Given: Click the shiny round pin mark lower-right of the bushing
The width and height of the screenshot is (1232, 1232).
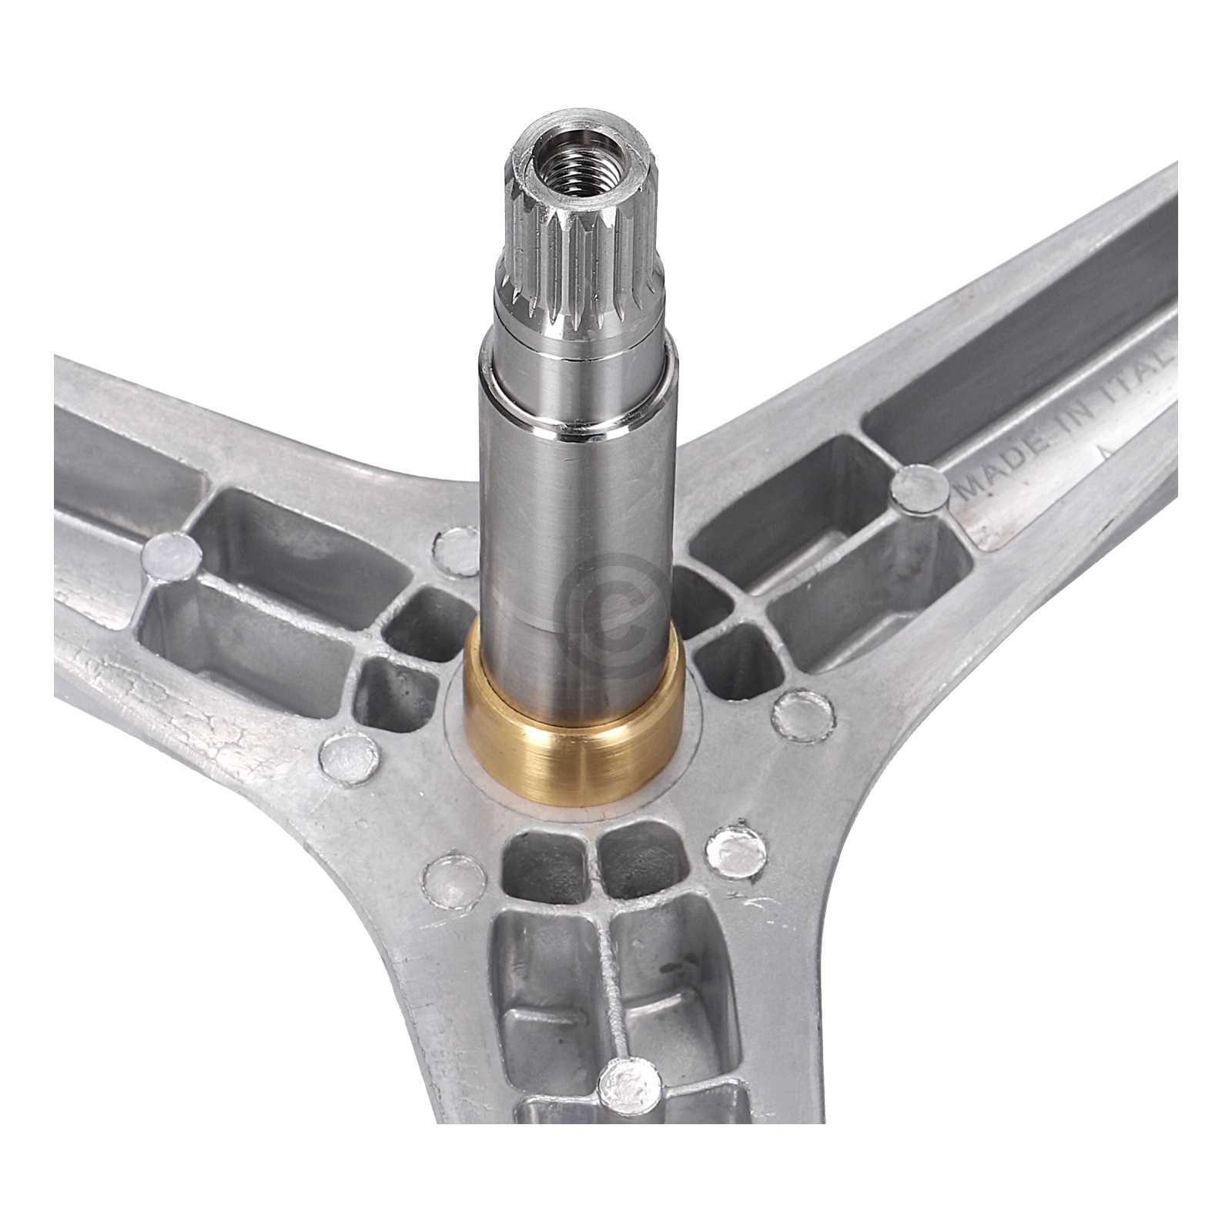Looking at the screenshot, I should tap(735, 851).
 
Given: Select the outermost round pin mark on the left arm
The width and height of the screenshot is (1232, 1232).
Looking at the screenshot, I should tap(172, 554).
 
